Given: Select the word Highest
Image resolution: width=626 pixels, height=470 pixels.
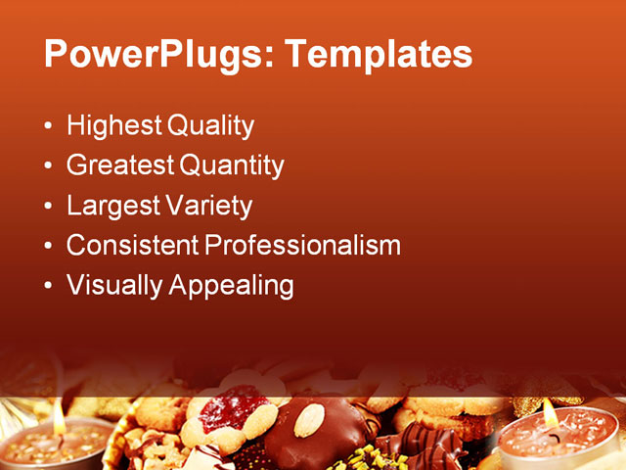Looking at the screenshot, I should (114, 125).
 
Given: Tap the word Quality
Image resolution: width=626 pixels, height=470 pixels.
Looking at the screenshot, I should (210, 125).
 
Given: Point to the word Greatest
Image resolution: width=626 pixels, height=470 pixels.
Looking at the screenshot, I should (120, 165).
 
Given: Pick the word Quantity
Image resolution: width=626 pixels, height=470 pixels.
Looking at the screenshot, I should (232, 165).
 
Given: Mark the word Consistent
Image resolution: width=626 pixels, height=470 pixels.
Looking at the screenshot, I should (131, 245).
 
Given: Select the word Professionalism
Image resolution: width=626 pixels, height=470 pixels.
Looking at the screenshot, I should (302, 245).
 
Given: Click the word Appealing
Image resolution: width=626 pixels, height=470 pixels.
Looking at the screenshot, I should (231, 285).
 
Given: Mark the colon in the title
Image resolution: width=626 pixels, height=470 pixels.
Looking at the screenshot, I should (269, 57).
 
